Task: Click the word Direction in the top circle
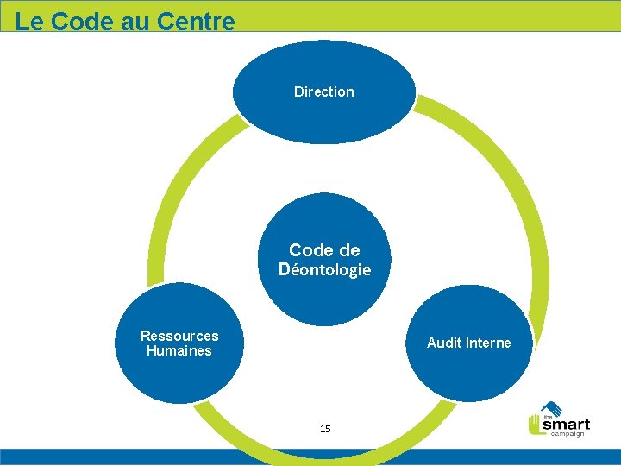pyautogui.click(x=323, y=91)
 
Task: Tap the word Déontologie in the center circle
pyautogui.click(x=324, y=269)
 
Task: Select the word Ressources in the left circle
pyautogui.click(x=179, y=336)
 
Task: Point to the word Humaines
pyautogui.click(x=179, y=350)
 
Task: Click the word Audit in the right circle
pyautogui.click(x=444, y=343)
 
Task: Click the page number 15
pyautogui.click(x=325, y=429)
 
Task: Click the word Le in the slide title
pyautogui.click(x=29, y=22)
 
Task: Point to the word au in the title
pyautogui.click(x=135, y=22)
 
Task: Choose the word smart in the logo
pyautogui.click(x=566, y=423)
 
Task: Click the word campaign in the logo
pyautogui.click(x=568, y=433)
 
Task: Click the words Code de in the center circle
pyautogui.click(x=324, y=250)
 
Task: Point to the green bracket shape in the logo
pyautogui.click(x=534, y=425)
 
